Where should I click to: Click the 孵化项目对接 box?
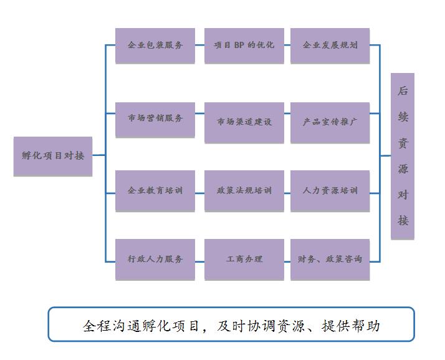53,156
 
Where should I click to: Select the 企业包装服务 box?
155,46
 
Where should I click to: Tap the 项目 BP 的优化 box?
244,46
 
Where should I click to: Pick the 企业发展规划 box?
330,46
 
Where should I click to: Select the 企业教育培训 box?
155,191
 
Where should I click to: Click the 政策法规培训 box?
244,191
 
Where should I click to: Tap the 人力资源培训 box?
330,191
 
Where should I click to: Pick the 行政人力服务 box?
155,259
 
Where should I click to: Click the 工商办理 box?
244,259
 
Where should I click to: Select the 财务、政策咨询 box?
330,259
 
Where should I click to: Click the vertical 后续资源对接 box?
403,156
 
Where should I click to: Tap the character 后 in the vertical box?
403,91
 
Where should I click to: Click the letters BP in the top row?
239,46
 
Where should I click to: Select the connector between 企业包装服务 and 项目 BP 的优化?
199,46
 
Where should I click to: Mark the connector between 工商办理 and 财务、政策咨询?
287,259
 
